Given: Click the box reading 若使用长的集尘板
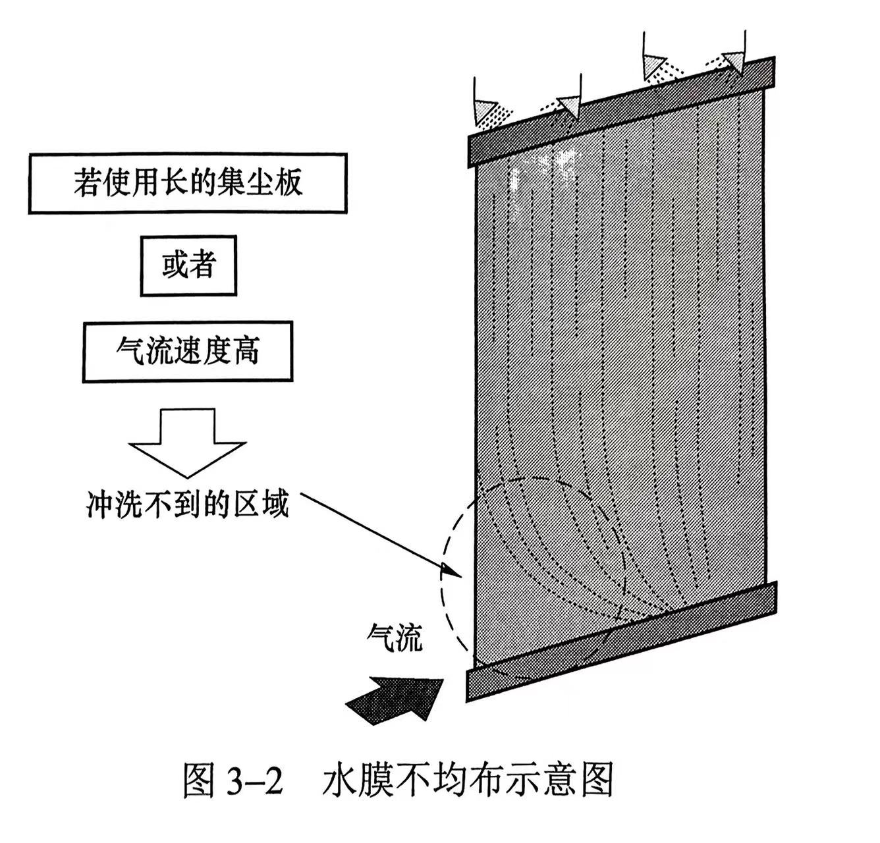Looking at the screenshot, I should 187,183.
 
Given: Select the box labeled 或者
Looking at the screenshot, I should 188,265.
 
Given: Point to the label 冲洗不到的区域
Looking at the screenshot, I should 188,504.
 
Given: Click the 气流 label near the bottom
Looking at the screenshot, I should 395,637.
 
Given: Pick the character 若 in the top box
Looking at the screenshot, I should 86,183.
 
